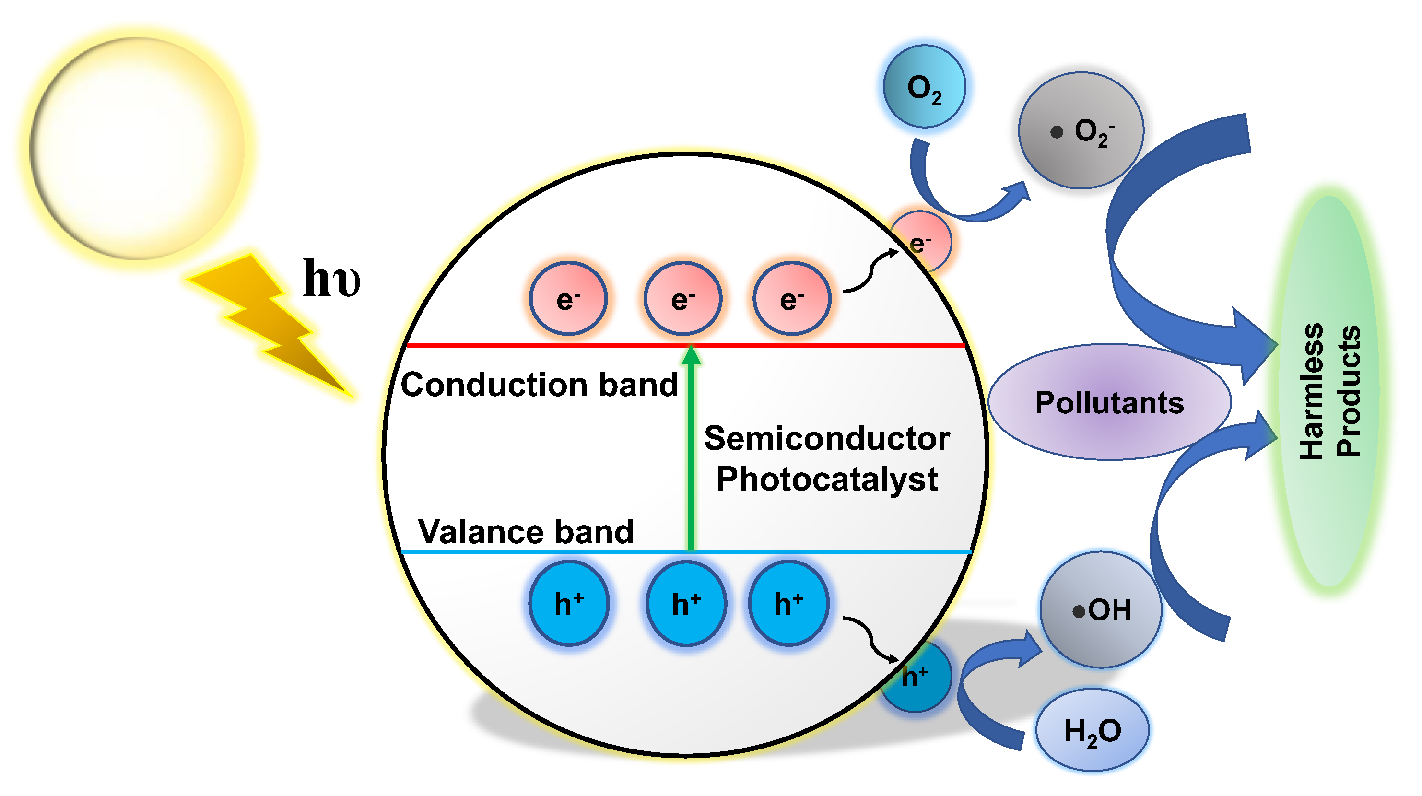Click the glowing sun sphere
coord(137,148)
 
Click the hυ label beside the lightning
coord(331,279)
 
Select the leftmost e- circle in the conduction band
coord(568,299)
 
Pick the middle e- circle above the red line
coord(682,299)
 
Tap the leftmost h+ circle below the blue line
coord(569,603)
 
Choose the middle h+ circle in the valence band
coord(686,603)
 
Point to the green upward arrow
coord(691,453)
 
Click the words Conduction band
coord(539,385)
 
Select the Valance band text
coord(526,532)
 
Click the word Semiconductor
coord(826,439)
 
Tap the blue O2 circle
coord(924,87)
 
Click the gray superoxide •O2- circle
coord(1081,131)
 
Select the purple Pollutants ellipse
coord(1108,402)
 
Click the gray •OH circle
coord(1101,610)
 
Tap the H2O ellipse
coord(1092,730)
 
